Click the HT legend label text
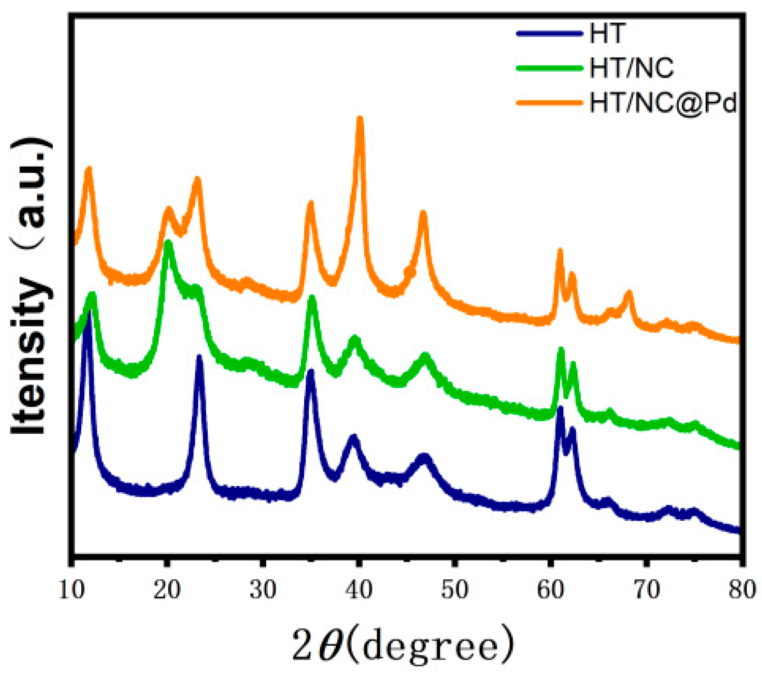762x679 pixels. click(608, 34)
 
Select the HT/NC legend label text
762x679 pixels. click(632, 68)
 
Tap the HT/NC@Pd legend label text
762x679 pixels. click(663, 103)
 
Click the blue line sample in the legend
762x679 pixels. click(549, 34)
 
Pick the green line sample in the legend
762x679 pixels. click(549, 68)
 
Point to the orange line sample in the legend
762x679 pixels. click(549, 103)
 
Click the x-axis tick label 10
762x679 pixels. click(71, 589)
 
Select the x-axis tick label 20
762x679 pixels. click(167, 589)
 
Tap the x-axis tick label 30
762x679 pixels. click(263, 589)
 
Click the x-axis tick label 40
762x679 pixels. click(359, 589)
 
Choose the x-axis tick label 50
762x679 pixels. click(455, 589)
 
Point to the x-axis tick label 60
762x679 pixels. click(551, 589)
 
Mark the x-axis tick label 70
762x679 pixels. click(647, 589)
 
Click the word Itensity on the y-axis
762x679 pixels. click(31, 356)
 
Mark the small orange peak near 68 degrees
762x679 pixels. click(629, 294)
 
